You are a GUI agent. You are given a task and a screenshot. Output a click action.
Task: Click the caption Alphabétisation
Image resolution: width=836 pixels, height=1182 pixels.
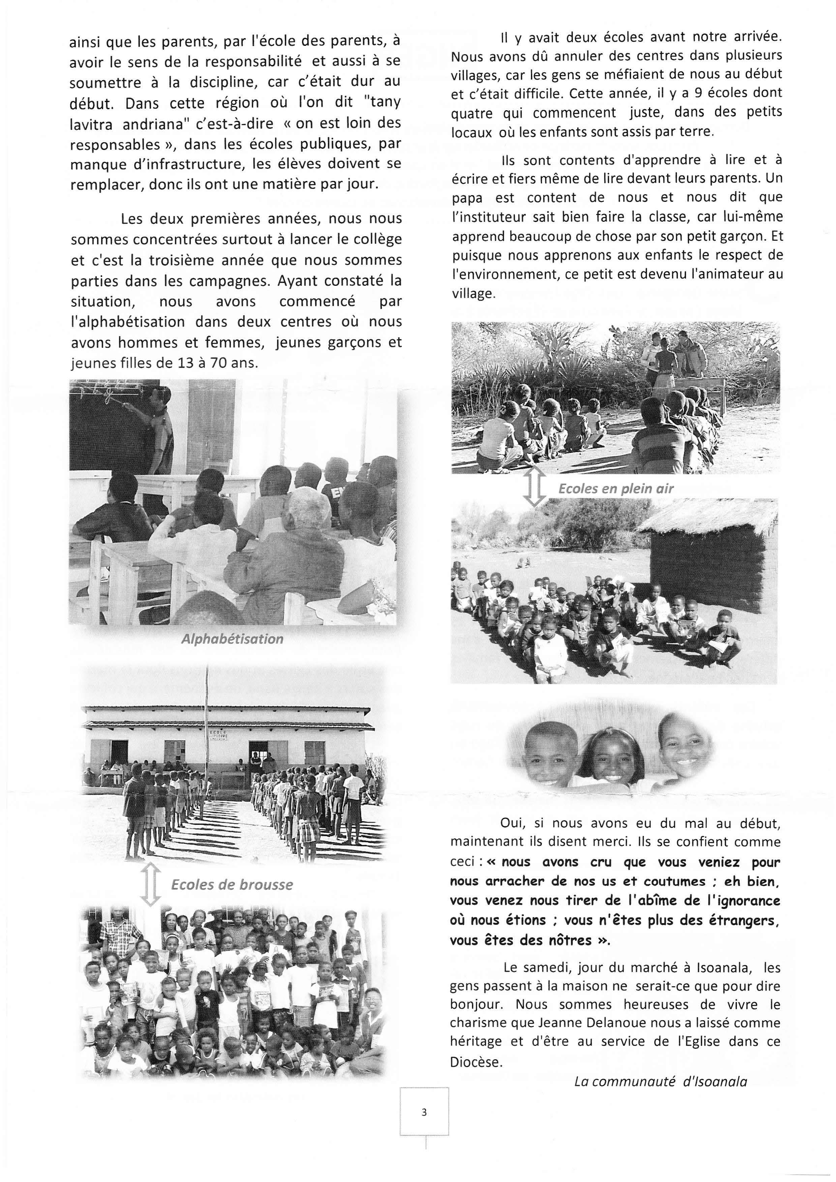click(x=232, y=639)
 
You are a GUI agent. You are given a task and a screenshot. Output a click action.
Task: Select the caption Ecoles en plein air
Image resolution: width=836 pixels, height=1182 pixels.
click(x=616, y=489)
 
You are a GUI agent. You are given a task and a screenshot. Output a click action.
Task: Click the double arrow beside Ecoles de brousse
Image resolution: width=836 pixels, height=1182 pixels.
click(x=151, y=884)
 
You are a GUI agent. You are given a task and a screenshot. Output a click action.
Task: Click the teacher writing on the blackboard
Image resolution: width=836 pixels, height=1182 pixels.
click(x=159, y=427)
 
